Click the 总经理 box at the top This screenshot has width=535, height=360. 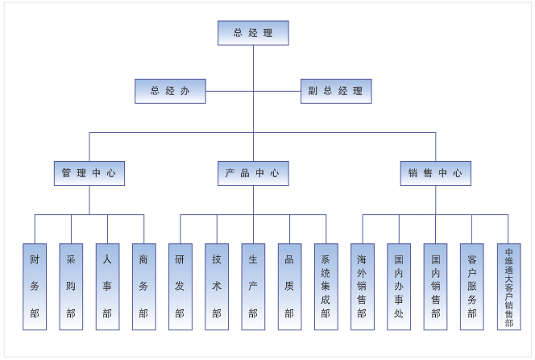[253, 33]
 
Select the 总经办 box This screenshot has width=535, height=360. [170, 91]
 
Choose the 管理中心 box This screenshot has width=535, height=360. [89, 173]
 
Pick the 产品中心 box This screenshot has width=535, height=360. [253, 173]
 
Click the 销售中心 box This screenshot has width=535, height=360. [436, 173]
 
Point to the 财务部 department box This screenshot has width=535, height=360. [35, 287]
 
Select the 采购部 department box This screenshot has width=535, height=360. [71, 287]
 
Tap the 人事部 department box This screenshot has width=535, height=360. [107, 287]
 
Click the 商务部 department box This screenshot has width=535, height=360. [143, 287]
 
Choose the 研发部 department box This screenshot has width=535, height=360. [180, 287]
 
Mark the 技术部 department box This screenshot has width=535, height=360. [217, 287]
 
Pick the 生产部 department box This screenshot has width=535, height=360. [253, 287]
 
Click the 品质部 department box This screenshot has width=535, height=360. [289, 287]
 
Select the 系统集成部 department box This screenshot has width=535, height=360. [326, 287]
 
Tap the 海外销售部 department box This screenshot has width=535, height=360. [362, 287]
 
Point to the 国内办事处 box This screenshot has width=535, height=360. [399, 287]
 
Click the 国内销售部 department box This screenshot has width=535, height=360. [435, 287]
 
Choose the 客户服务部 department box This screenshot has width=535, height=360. [471, 287]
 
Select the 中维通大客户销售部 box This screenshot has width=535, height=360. [508, 287]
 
